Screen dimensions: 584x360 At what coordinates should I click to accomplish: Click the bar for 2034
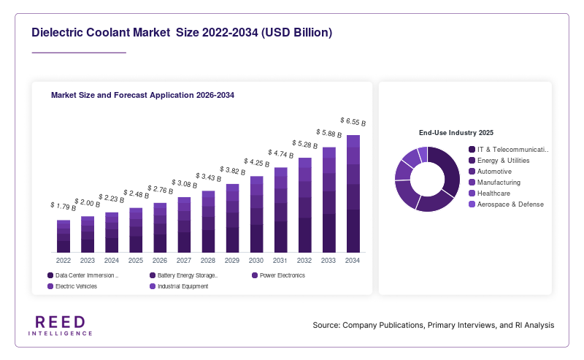point(353,194)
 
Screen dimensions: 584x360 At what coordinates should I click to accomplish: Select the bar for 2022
point(64,237)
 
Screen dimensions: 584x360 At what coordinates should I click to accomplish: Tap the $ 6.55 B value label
point(353,121)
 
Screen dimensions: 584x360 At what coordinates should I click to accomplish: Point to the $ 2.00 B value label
point(87,203)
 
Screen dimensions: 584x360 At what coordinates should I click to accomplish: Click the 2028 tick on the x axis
point(208,261)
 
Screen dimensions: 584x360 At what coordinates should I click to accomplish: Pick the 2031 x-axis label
point(280,261)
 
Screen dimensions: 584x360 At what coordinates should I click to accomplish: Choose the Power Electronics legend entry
point(279,275)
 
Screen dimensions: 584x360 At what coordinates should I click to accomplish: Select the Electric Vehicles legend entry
point(72,286)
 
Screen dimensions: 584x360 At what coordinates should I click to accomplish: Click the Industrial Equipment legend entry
point(179,286)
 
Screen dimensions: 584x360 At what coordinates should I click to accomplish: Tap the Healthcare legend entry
point(489,194)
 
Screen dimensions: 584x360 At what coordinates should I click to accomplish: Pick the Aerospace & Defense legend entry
point(506,204)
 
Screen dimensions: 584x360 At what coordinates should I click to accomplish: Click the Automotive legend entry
point(490,172)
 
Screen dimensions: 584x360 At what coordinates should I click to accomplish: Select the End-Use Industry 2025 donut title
point(456,133)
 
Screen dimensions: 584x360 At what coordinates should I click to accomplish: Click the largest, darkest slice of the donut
point(449,169)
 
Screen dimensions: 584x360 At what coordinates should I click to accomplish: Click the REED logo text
point(61,322)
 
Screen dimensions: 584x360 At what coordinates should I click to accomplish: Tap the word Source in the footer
point(326,325)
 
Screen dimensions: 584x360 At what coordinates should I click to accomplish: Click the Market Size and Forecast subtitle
point(142,95)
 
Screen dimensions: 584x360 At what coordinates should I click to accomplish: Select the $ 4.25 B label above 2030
point(257,163)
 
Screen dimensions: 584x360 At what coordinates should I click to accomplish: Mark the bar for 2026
point(160,228)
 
